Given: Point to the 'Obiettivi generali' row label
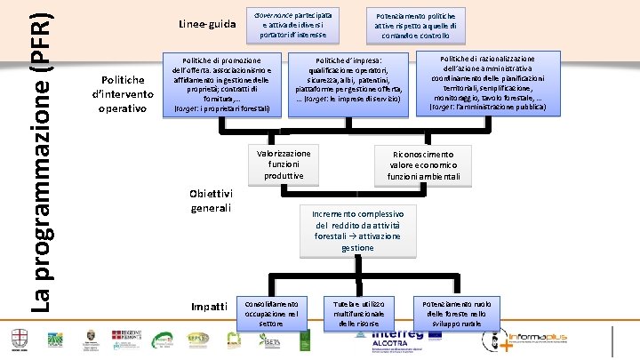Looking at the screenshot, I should click(212, 201).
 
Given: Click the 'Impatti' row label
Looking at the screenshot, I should click(210, 306).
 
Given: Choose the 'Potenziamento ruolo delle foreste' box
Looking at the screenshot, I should click(455, 312).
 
